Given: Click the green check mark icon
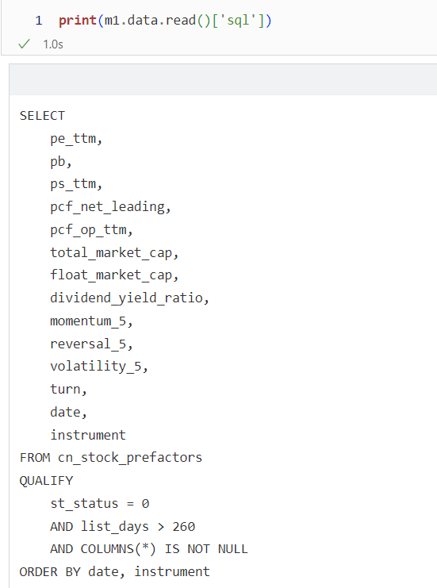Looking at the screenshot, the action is (24, 44).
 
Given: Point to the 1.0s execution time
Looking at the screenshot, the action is (53, 44).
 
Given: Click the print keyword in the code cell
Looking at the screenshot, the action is (78, 21).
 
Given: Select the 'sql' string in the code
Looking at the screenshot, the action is (239, 21).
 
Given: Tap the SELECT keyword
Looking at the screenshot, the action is (42, 116).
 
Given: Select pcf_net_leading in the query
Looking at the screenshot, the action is (108, 207).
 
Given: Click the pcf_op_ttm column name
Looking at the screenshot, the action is (89, 230).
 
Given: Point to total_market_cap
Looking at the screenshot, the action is (111, 253).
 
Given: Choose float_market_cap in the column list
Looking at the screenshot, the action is (111, 275).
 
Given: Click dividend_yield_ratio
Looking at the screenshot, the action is (127, 298).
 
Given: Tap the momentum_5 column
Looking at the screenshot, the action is (89, 321).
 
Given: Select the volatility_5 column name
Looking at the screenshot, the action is (96, 367).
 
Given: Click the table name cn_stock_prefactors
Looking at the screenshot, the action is (130, 458).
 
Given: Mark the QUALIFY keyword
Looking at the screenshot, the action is (47, 481).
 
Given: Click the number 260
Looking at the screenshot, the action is (184, 527).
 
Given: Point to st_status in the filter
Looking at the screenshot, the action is (84, 504).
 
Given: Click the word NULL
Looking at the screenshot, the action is (232, 549).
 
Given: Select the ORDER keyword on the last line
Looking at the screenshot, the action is (39, 572).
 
